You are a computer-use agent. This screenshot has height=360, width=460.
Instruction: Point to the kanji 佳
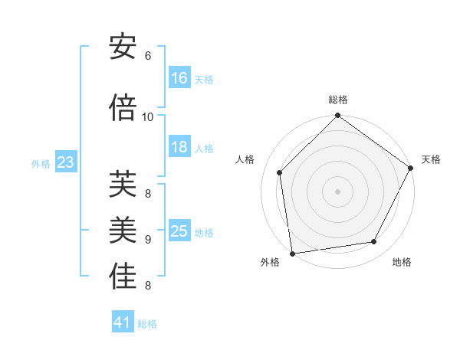coord(123,277)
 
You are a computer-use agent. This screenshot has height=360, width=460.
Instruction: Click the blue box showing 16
coord(179,78)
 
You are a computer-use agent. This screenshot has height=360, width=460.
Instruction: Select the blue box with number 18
coord(179,148)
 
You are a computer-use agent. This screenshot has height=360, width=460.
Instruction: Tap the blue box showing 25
coord(179,231)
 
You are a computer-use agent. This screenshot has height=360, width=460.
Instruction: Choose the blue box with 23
coord(65,162)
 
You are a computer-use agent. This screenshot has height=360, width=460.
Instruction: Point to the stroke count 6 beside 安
coord(148,55)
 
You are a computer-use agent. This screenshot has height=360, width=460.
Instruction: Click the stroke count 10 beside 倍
coord(148,116)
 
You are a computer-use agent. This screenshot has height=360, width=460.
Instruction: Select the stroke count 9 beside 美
coord(148,239)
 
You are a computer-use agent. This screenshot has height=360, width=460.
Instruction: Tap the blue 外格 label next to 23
coord(41,163)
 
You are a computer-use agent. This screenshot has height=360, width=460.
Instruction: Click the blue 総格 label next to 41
coord(147,324)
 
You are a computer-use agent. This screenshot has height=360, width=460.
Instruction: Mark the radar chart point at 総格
coord(337,116)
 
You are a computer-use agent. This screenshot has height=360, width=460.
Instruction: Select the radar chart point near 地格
coord(374,241)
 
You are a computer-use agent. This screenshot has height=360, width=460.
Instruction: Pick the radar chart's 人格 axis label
coord(245,159)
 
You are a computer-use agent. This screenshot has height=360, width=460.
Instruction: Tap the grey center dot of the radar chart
coord(337,191)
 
